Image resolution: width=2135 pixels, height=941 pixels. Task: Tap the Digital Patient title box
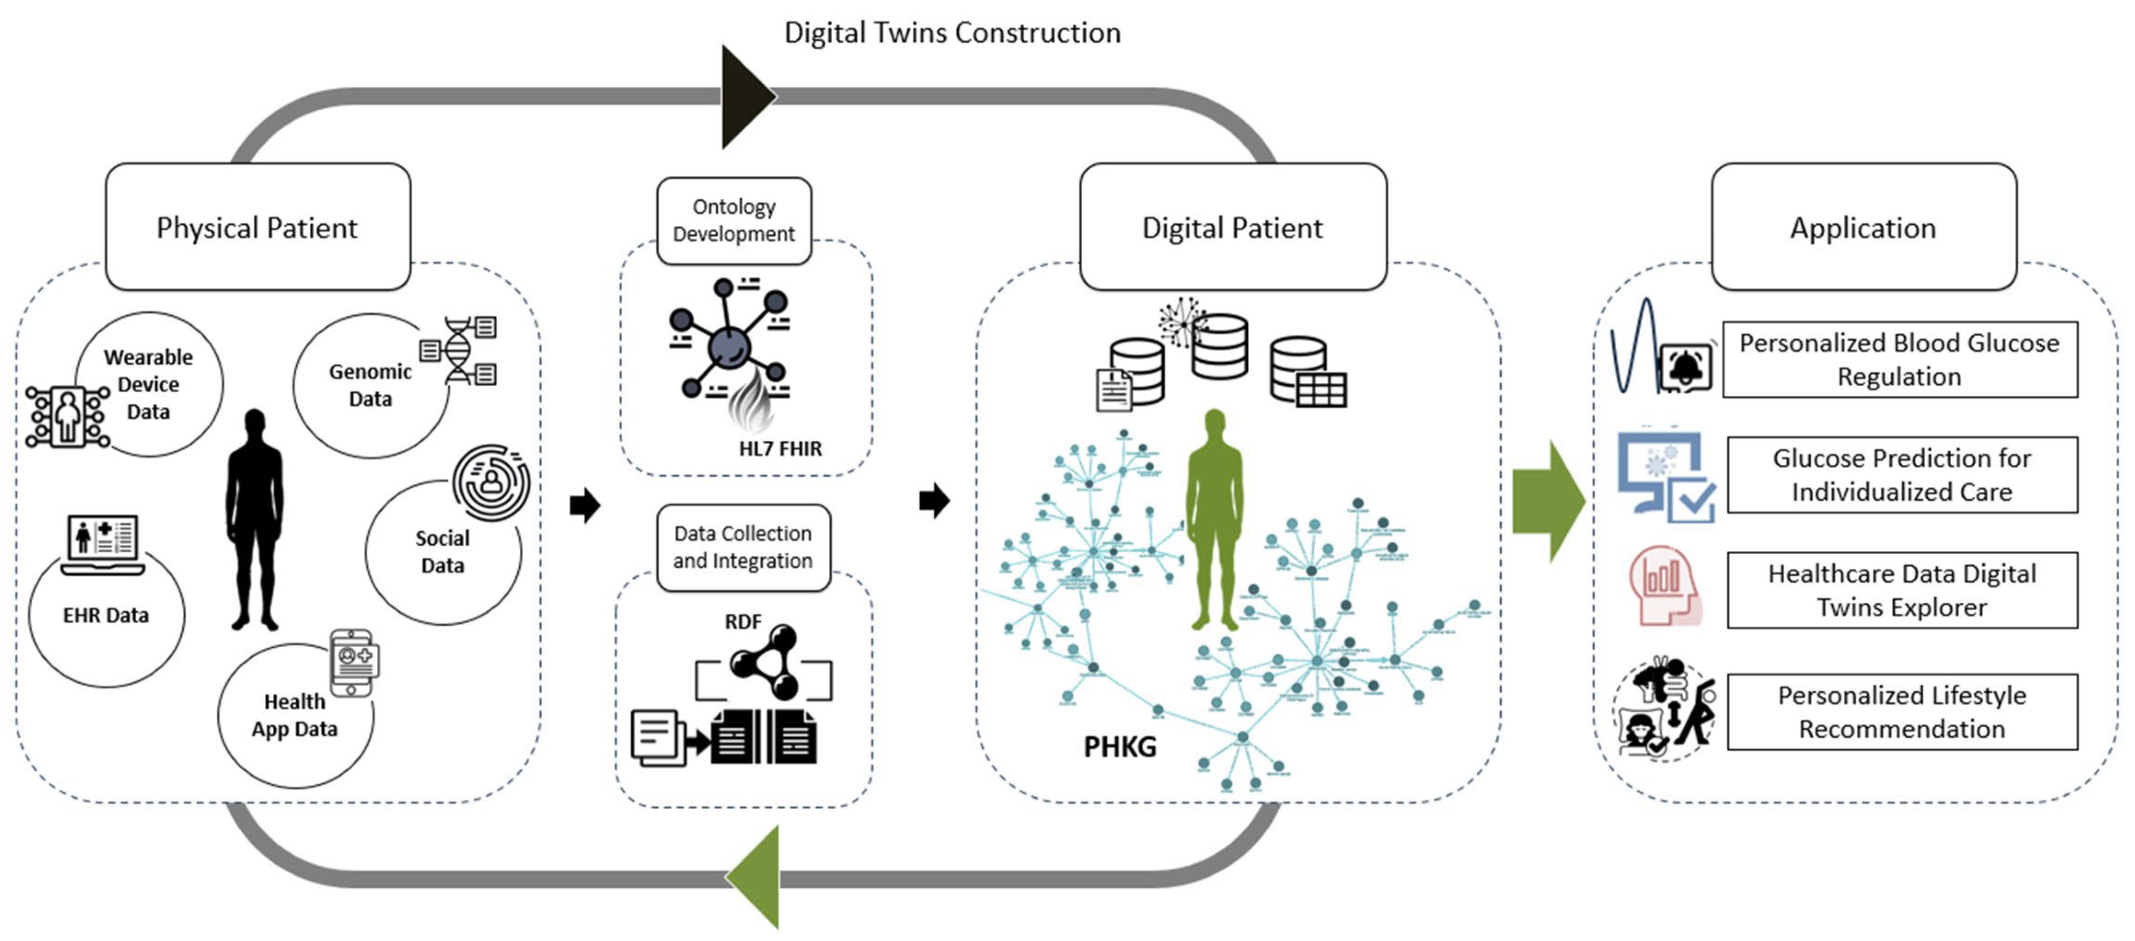1233,226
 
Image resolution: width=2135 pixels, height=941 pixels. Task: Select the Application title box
1863,226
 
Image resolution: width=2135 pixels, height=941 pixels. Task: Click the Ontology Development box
733,220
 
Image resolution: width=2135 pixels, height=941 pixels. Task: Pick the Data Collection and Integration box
743,547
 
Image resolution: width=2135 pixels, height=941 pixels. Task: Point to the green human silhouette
1214,518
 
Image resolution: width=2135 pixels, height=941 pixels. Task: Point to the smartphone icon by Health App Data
354,662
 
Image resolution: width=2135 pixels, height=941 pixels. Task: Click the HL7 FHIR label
780,448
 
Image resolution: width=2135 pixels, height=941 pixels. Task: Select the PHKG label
1120,746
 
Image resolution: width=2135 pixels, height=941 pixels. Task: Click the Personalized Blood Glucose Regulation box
1900,359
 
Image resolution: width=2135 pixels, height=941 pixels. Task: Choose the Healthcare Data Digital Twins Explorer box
1902,590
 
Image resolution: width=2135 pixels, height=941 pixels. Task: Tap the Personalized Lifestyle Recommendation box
1902,712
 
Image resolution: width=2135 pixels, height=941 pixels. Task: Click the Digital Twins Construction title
952,32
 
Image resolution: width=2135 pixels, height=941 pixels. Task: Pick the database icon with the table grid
1308,372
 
